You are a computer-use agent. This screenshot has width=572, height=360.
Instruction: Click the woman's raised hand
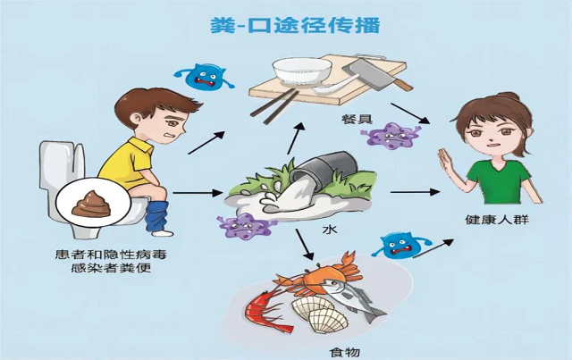point(444,163)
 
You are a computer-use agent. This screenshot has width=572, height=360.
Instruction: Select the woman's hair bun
point(507,97)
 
